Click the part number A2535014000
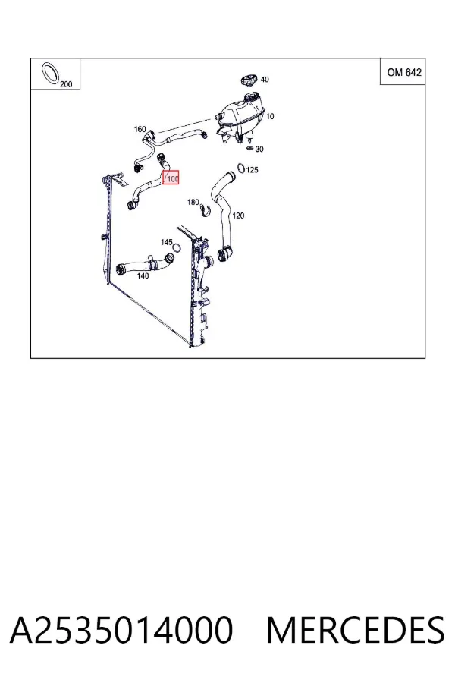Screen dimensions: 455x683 click(121, 630)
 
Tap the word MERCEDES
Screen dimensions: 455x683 click(356, 630)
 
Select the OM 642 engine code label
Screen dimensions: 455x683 click(404, 72)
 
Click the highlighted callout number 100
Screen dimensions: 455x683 click(171, 178)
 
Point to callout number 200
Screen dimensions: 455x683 click(66, 84)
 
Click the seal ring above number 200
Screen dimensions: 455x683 click(51, 74)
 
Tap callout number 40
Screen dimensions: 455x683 click(265, 79)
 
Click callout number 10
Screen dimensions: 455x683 click(270, 116)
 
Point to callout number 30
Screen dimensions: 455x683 click(259, 149)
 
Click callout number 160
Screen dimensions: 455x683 click(140, 129)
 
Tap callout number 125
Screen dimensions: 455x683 click(252, 169)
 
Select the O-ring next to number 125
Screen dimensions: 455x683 click(241, 167)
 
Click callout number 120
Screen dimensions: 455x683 click(238, 216)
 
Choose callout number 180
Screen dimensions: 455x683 click(193, 202)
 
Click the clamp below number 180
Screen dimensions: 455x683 click(205, 210)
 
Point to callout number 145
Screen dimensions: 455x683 click(166, 242)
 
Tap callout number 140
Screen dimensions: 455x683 click(143, 275)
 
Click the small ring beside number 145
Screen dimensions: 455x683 click(177, 248)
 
